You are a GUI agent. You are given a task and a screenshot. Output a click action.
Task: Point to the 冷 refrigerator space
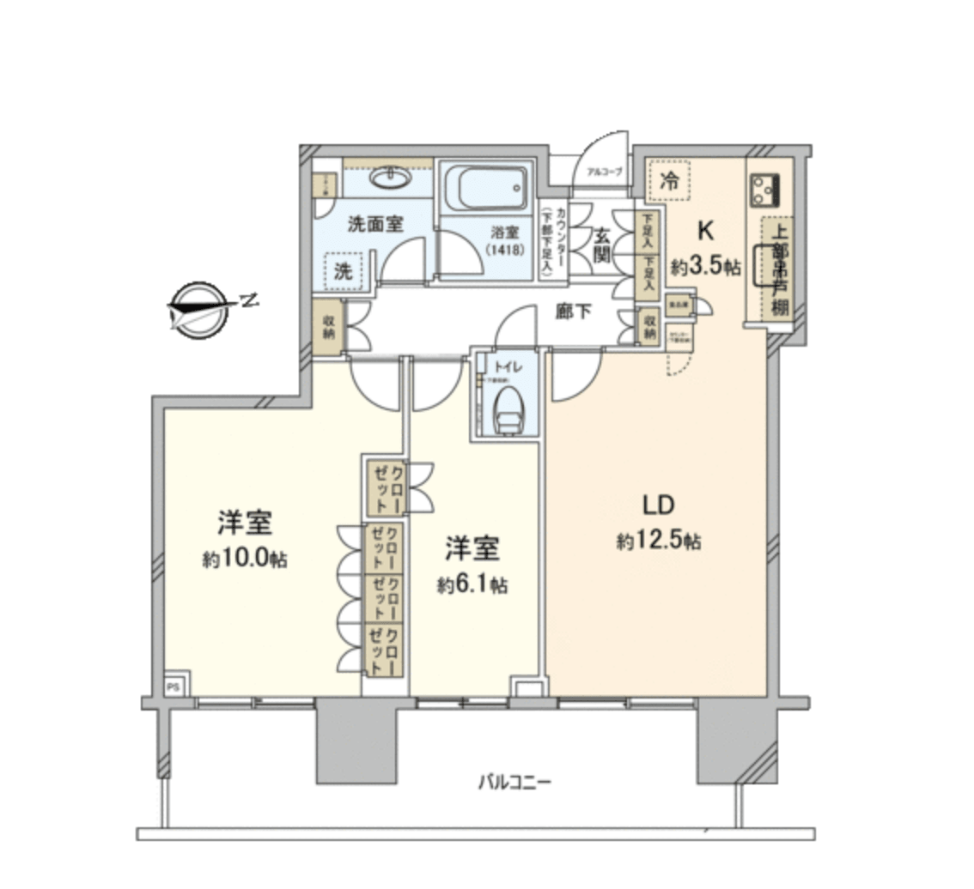[x=673, y=181]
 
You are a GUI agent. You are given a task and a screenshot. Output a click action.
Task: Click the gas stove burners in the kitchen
[x=763, y=190]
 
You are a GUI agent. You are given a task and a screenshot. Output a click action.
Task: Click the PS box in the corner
[x=173, y=686]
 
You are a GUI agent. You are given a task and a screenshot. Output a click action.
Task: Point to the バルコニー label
[x=514, y=782]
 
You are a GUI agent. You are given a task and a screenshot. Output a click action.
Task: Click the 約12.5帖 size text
[x=659, y=541]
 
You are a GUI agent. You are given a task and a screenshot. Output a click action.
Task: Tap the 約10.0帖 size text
[x=245, y=559]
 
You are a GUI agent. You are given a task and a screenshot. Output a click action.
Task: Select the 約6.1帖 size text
[x=472, y=585]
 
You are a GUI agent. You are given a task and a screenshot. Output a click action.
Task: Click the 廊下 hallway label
[x=572, y=312]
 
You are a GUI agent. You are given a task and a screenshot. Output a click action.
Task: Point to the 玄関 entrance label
[x=600, y=245]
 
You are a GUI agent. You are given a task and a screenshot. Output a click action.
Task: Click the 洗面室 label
[x=375, y=224]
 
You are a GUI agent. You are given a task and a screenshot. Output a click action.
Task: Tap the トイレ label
[x=507, y=366]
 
